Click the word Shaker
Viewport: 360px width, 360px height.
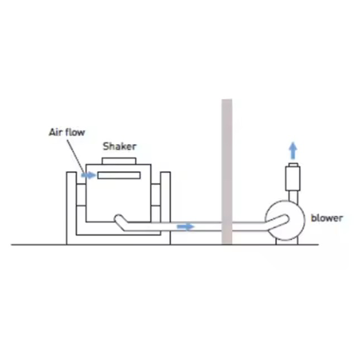click(x=119, y=147)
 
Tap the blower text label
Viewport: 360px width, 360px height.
click(x=327, y=218)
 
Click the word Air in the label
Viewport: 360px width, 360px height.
click(x=56, y=133)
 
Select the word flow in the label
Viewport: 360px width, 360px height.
click(x=75, y=133)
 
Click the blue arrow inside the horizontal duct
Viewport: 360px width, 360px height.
click(x=185, y=227)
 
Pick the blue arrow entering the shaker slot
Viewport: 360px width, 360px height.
click(x=88, y=175)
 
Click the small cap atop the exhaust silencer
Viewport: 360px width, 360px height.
click(x=293, y=165)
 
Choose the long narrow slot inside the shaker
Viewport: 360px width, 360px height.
click(x=119, y=175)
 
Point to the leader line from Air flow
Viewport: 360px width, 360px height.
click(x=76, y=154)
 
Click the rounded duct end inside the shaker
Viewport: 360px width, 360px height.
click(x=119, y=220)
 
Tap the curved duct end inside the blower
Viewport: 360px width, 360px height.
click(x=281, y=221)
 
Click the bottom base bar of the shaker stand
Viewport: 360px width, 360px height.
click(x=118, y=239)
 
